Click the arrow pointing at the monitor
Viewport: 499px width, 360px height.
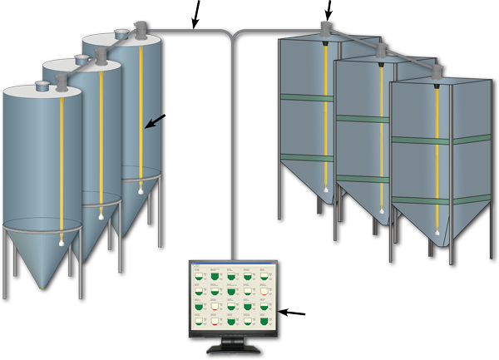pyautogui.click(x=294, y=313)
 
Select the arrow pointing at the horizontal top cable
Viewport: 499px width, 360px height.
pyautogui.click(x=195, y=12)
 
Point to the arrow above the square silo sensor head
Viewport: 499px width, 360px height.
pyautogui.click(x=329, y=9)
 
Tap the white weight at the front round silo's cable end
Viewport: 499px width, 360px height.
pyautogui.click(x=61, y=243)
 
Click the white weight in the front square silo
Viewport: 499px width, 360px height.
pyautogui.click(x=437, y=233)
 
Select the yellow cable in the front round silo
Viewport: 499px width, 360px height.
pyautogui.click(x=61, y=166)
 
